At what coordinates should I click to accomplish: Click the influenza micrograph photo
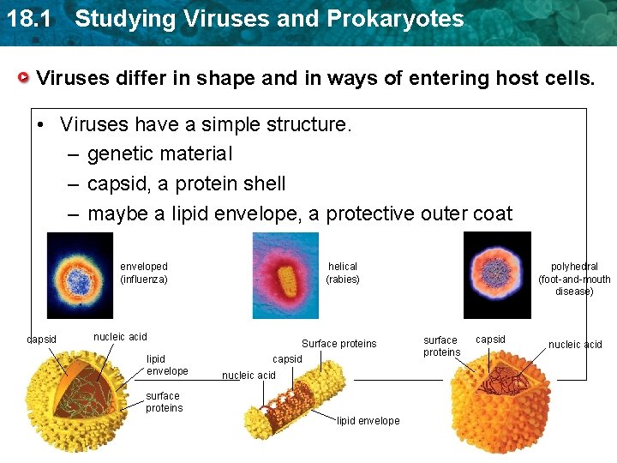[x=80, y=275]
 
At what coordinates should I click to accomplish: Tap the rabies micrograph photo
[x=285, y=275]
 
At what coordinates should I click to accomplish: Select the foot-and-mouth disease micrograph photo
[x=497, y=275]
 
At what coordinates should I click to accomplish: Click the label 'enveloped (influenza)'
[x=144, y=273]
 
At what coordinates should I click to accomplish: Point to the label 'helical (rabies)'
[x=343, y=273]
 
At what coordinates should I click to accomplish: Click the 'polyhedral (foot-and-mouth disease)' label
[x=574, y=279]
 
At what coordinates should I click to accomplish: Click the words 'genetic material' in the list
[x=159, y=153]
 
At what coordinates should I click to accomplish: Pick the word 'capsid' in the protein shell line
[x=117, y=183]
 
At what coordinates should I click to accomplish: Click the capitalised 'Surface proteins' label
[x=338, y=344]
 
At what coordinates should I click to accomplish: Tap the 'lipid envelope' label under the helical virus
[x=368, y=421]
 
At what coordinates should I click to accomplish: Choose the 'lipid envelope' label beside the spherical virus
[x=167, y=364]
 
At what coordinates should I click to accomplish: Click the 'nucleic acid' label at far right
[x=575, y=345]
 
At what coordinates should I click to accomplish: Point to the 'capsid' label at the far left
[x=41, y=340]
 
